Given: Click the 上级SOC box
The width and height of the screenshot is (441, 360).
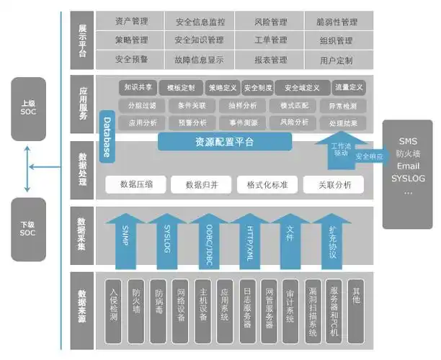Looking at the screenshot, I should pyautogui.click(x=28, y=109).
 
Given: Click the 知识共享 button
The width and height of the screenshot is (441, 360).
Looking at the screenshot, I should pyautogui.click(x=138, y=88).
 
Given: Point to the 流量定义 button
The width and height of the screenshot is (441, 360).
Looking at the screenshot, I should pyautogui.click(x=349, y=88).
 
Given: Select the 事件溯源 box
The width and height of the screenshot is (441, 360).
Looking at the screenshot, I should pyautogui.click(x=244, y=122).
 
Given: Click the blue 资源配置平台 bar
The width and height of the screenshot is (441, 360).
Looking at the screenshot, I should pyautogui.click(x=224, y=142).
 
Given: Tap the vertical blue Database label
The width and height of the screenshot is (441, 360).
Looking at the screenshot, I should pyautogui.click(x=107, y=137).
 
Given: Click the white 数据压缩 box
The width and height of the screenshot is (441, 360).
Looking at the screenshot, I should pyautogui.click(x=136, y=184).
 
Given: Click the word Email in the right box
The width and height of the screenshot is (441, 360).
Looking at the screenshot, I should pyautogui.click(x=408, y=166).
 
